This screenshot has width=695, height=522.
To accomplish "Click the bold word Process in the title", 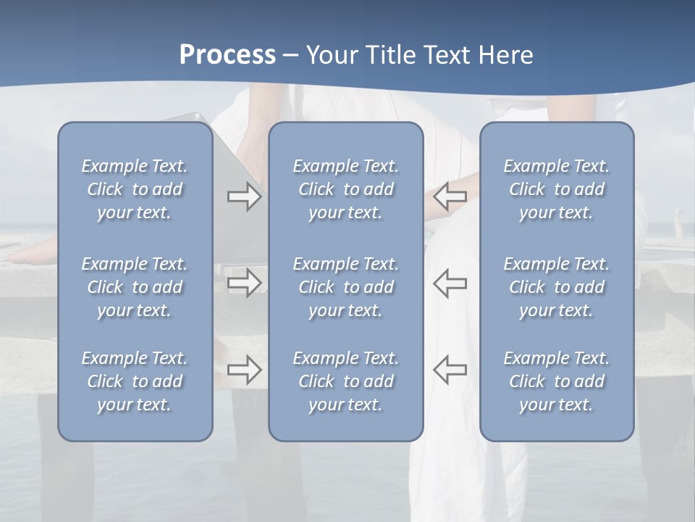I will point(227,55).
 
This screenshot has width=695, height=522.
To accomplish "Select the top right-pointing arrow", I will point(245,196).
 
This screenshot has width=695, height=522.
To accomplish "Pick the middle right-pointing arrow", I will point(245,283).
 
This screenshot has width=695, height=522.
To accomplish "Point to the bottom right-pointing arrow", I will point(245,370).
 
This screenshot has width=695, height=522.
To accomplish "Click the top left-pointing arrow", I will point(450,196).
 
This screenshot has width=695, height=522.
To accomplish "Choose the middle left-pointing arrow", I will point(450,283).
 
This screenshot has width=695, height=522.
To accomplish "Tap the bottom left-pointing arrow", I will point(450,370).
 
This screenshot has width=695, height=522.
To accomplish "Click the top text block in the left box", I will point(135,189).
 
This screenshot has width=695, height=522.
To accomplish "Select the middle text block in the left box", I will point(135,287).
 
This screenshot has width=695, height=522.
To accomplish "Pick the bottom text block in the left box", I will point(135,381).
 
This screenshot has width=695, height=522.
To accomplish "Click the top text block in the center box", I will point(345,189).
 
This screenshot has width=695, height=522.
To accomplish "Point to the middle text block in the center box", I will point(345,287).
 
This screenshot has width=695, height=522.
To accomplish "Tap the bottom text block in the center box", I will point(345,381).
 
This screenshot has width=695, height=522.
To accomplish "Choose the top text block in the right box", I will point(556,189).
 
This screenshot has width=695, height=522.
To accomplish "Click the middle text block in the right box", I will point(556,287).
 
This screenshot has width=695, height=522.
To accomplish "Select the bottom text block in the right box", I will point(556,381).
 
